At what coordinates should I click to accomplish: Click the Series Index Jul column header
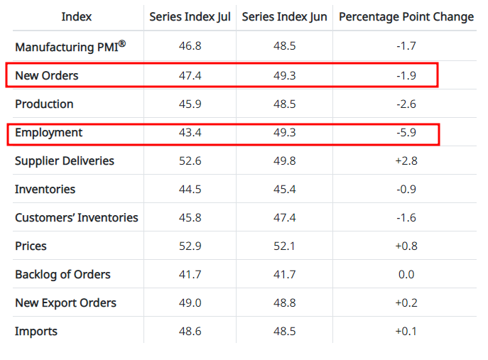click(190, 17)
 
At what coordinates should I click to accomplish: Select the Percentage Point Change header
click(406, 17)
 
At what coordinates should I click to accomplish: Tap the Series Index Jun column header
click(284, 17)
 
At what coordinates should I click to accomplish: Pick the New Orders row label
click(47, 75)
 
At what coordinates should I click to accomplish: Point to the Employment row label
click(49, 132)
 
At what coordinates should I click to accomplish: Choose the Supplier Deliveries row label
click(65, 160)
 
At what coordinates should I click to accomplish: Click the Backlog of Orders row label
click(63, 274)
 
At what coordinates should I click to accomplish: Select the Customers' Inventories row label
click(77, 217)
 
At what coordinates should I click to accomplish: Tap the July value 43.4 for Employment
click(190, 133)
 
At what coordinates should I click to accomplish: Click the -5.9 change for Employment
click(406, 133)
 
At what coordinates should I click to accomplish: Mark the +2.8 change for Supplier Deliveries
click(406, 161)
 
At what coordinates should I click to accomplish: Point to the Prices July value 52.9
click(190, 246)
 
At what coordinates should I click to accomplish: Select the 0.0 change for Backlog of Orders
click(406, 275)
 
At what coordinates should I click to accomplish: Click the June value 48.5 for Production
click(284, 104)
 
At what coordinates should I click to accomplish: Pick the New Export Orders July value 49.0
click(190, 303)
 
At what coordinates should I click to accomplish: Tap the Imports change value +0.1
click(406, 332)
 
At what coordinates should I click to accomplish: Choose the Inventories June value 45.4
click(284, 190)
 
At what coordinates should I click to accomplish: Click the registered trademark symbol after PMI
click(121, 43)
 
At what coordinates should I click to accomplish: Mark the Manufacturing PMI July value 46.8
click(190, 48)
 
